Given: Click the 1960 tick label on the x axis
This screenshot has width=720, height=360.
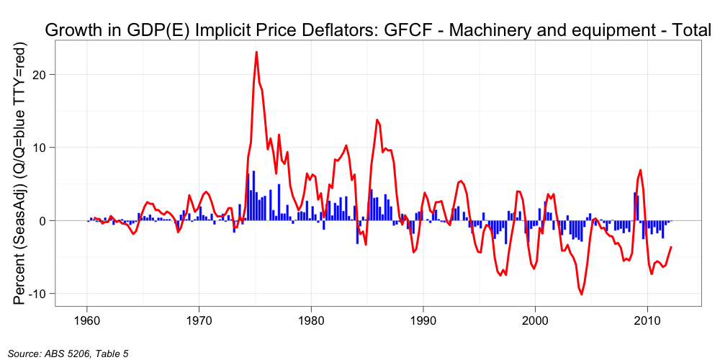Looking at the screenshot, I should click(x=87, y=319).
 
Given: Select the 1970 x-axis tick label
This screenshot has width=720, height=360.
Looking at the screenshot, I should click(x=199, y=319).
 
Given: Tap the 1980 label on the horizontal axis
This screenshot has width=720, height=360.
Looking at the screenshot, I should click(x=311, y=319).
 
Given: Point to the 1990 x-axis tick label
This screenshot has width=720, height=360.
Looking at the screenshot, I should click(x=423, y=319).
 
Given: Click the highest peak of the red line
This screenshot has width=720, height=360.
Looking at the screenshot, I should click(x=256, y=52).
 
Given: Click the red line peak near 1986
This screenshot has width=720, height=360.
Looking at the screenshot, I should click(x=377, y=120).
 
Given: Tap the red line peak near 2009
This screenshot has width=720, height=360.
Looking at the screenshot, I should click(x=640, y=170).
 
